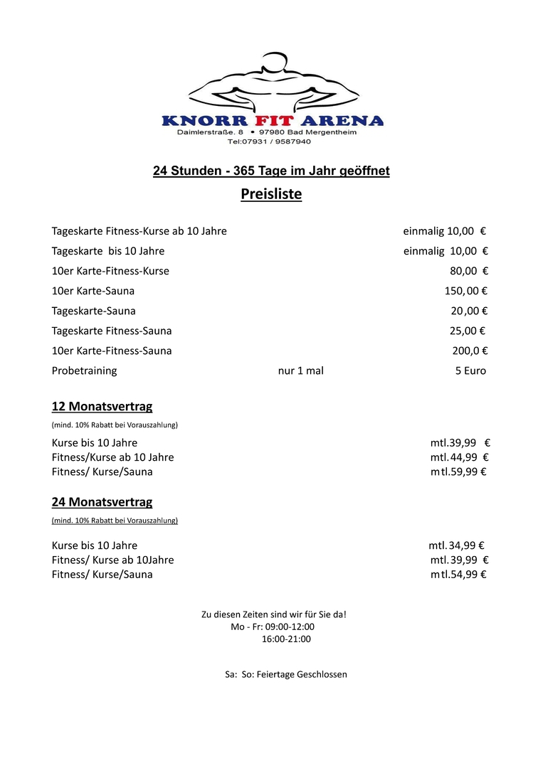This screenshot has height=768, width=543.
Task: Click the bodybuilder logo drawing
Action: pos(273,82)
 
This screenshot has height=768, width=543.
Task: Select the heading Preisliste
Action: pos(271,194)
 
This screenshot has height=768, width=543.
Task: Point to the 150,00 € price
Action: pos(465,291)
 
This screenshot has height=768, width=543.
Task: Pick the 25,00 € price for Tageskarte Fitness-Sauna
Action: pos(468,331)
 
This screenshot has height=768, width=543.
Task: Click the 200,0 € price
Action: pos(470,351)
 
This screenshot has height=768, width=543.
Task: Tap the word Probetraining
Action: pos(84,370)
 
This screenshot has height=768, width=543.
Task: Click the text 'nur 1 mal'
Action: pos(300,370)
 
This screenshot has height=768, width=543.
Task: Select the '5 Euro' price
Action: pos(470,370)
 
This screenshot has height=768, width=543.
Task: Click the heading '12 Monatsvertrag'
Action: pos(102,407)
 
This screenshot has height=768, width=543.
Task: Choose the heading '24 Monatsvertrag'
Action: pos(102,502)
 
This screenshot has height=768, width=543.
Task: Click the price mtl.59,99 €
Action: pos(458,471)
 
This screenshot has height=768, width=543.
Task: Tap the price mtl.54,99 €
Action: pos(458,575)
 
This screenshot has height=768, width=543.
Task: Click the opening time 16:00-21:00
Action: pos(286,639)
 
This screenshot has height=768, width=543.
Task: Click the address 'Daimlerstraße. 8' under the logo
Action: pos(210,132)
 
